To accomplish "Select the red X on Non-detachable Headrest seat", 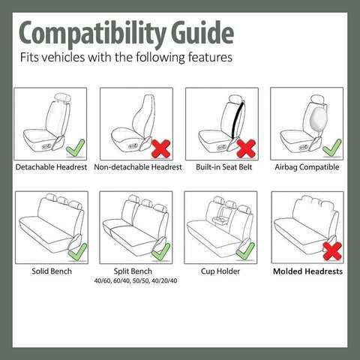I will point(160,146).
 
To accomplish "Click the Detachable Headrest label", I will point(52,166).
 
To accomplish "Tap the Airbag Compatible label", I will point(307,166).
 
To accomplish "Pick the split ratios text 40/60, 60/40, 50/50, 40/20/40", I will point(136,280).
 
